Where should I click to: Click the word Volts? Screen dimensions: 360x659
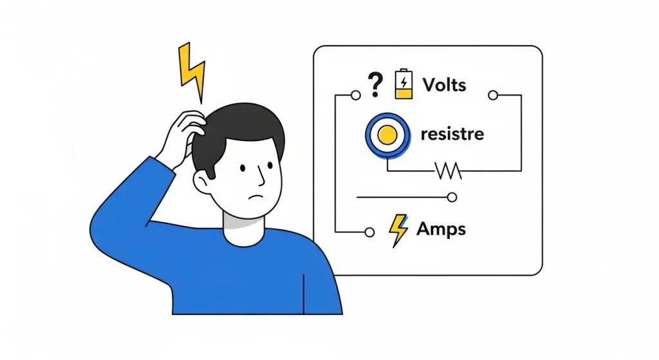pyautogui.click(x=444, y=84)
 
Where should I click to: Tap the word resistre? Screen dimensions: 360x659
pyautogui.click(x=452, y=135)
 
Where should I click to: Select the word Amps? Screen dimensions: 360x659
pyautogui.click(x=441, y=229)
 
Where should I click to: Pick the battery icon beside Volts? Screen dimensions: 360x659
pyautogui.click(x=404, y=84)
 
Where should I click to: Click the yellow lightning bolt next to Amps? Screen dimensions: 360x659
pyautogui.click(x=398, y=231)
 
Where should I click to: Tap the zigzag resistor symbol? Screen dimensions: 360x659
pyautogui.click(x=449, y=171)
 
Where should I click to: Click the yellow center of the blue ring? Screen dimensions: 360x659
pyautogui.click(x=386, y=135)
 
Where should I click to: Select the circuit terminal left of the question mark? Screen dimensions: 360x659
pyautogui.click(x=355, y=95)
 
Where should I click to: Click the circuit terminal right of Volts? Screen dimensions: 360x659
pyautogui.click(x=493, y=95)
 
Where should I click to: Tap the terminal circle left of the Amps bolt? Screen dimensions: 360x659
pyautogui.click(x=369, y=231)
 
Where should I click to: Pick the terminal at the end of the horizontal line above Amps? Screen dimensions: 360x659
pyautogui.click(x=452, y=197)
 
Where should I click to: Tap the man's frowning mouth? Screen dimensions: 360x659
pyautogui.click(x=257, y=195)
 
